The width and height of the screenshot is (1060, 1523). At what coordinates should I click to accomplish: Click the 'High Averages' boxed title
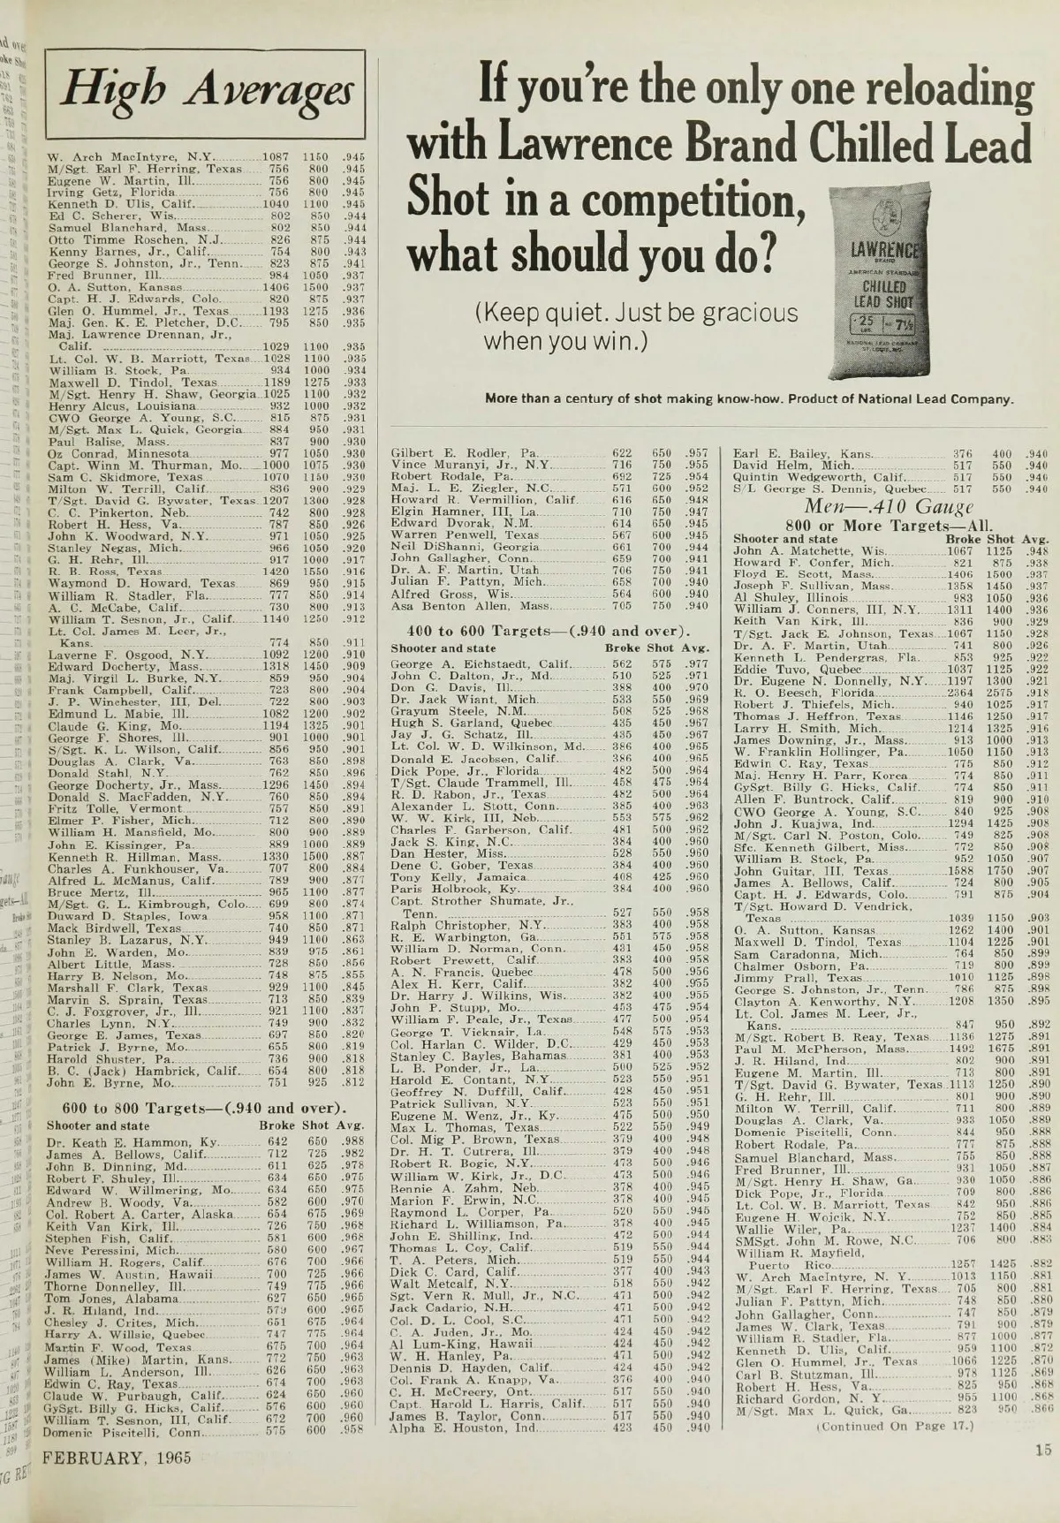[205, 93]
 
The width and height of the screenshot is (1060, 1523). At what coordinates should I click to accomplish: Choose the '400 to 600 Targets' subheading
[548, 631]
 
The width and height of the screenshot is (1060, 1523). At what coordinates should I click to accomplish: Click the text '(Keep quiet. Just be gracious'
[636, 314]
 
